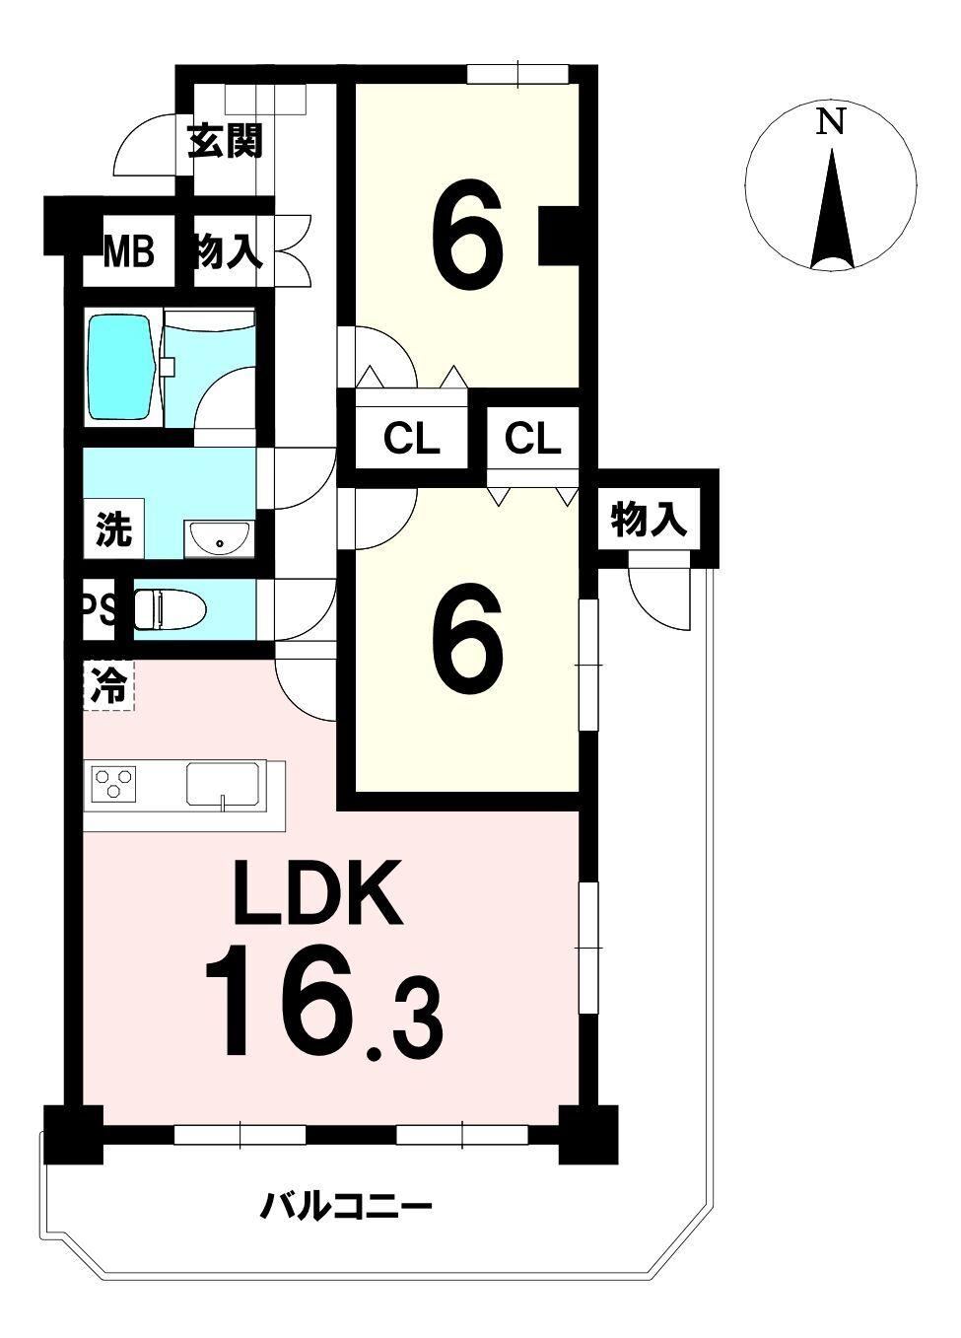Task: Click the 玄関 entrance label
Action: tap(225, 141)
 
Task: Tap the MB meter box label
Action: tap(128, 251)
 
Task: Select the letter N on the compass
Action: tap(830, 122)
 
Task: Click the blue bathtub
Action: tap(122, 367)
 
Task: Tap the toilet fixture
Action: tap(170, 610)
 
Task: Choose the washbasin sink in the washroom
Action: tap(219, 538)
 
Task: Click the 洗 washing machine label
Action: tap(113, 529)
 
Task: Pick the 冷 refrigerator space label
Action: tap(109, 685)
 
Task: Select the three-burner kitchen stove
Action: tap(113, 783)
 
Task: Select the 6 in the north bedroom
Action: tap(467, 235)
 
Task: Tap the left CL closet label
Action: tap(412, 439)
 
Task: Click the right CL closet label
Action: tap(533, 439)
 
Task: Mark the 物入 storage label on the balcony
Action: tap(649, 520)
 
